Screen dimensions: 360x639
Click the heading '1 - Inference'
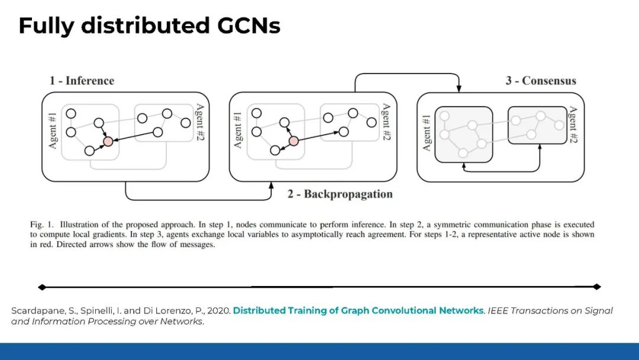pyautogui.click(x=82, y=81)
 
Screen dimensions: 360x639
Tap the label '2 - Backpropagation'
pyautogui.click(x=340, y=194)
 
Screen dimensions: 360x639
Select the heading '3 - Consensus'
pyautogui.click(x=541, y=81)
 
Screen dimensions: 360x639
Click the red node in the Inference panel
pyautogui.click(x=108, y=141)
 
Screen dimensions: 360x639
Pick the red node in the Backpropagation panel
pyautogui.click(x=293, y=141)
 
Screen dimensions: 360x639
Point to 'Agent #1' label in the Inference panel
pyautogui.click(x=53, y=130)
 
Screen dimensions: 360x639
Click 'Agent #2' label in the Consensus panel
pyautogui.click(x=572, y=126)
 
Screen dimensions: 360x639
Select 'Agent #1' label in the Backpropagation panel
pyautogui.click(x=238, y=130)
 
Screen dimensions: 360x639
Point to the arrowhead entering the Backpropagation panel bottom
pyautogui.click(x=271, y=185)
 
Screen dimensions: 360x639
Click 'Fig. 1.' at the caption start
pyautogui.click(x=42, y=225)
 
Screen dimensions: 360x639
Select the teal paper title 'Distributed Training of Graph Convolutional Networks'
pyautogui.click(x=359, y=311)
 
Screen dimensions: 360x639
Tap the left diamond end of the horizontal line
pyautogui.click(x=41, y=287)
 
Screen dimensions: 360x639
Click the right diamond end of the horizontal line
pyautogui.click(x=597, y=287)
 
